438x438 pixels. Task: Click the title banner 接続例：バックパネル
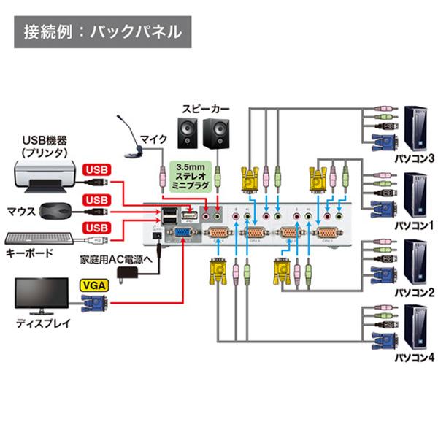tap(102, 32)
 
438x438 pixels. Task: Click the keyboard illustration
tap(38, 238)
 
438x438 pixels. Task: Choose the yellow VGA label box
tap(93, 286)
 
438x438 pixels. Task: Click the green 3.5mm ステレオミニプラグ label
tap(189, 175)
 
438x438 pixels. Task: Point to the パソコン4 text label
tap(414, 359)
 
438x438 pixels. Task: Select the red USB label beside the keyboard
tap(98, 228)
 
